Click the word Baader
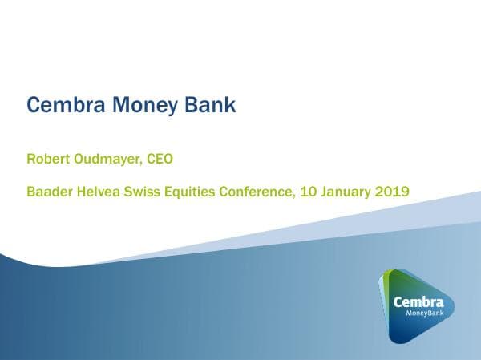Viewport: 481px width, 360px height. click(x=51, y=192)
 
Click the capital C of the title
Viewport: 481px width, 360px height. click(x=34, y=105)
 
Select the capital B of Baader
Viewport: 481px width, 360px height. click(x=30, y=192)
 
